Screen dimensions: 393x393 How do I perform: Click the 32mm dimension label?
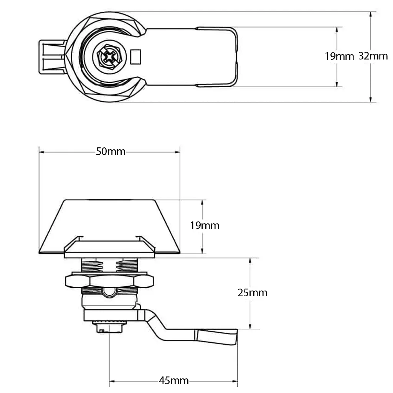tap(373, 56)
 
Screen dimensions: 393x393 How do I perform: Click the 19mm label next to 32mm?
tap(339, 56)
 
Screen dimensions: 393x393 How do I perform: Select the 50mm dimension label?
tap(111, 152)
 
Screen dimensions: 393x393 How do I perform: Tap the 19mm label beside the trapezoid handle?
tap(205, 225)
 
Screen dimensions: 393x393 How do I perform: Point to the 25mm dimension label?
tap(252, 293)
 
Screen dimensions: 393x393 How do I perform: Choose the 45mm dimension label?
tap(173, 381)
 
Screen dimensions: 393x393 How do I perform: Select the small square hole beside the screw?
tap(136, 57)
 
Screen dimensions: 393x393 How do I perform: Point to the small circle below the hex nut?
tap(109, 292)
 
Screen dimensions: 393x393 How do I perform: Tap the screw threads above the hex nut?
tap(109, 266)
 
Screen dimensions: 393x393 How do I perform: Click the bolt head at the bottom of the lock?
tap(109, 327)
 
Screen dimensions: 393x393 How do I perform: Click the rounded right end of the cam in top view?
tap(235, 57)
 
